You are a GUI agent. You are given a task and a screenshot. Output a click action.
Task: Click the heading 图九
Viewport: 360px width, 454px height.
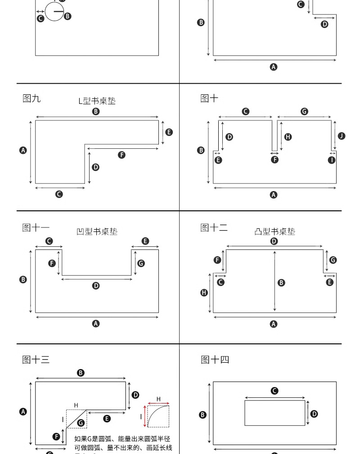[31, 98]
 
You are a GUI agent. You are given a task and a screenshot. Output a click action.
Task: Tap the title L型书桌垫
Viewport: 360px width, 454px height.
[97, 101]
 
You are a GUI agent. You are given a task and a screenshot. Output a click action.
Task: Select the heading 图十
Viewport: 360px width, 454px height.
[209, 98]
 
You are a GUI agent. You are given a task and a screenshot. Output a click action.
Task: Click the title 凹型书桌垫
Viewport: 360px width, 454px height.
[97, 232]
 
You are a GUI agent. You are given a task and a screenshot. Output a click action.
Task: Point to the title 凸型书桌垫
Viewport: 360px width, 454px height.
[275, 232]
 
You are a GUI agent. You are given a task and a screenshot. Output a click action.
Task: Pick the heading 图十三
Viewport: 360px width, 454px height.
[36, 360]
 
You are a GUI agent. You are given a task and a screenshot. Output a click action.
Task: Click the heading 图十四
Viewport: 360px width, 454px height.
[215, 360]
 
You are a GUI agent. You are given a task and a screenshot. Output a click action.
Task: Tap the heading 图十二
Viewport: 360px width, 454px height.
[214, 228]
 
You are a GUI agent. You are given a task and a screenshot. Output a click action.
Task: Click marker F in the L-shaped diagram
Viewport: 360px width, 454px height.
[121, 155]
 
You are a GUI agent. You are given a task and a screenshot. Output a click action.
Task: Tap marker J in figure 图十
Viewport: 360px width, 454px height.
[342, 136]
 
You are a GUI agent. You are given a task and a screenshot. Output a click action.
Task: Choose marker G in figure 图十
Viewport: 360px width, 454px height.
[305, 111]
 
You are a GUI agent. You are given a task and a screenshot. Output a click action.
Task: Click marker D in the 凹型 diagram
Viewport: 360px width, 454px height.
[96, 286]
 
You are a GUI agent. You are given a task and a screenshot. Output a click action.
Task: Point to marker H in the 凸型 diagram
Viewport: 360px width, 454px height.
[204, 293]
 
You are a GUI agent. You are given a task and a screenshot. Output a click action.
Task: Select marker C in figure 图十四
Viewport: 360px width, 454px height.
[274, 391]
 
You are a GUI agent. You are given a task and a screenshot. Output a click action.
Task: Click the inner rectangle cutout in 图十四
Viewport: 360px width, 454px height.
[274, 413]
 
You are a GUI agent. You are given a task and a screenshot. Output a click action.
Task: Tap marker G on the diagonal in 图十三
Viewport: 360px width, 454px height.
[81, 423]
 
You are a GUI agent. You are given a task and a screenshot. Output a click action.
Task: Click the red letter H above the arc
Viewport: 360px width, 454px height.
[158, 399]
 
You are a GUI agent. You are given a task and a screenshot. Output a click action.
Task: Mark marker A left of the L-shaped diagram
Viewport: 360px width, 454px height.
[23, 150]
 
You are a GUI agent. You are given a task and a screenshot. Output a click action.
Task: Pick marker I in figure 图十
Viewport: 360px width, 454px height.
[332, 160]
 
